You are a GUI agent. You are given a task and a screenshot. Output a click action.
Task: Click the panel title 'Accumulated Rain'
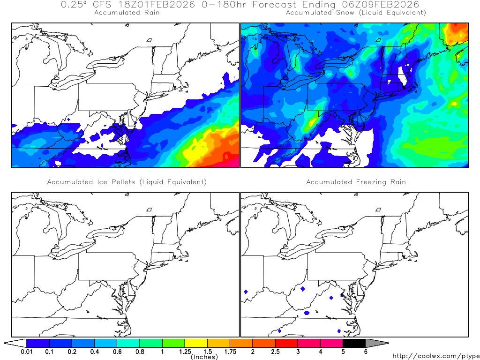127,13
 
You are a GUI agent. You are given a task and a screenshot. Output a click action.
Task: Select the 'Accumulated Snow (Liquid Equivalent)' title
356,13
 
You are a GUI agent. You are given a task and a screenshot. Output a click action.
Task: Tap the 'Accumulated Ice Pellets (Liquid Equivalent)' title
127,182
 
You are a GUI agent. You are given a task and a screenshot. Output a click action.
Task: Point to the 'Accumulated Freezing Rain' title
356,182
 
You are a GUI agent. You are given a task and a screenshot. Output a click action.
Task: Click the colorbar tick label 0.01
27,352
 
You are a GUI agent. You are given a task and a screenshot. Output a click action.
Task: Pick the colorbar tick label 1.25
185,352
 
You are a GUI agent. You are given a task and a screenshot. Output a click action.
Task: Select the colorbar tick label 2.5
275,352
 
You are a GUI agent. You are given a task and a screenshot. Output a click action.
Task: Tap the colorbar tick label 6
366,352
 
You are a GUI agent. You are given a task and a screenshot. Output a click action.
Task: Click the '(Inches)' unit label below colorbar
204,357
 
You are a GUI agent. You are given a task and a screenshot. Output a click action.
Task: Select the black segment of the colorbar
354,343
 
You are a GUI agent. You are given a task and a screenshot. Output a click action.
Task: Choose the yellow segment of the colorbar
196,343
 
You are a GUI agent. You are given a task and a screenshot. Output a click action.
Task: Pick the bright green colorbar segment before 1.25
173,343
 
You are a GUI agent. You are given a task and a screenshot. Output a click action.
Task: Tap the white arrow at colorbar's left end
15,343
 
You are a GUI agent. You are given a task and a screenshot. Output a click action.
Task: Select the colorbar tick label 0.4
95,352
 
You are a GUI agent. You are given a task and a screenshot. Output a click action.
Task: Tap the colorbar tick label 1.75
230,352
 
